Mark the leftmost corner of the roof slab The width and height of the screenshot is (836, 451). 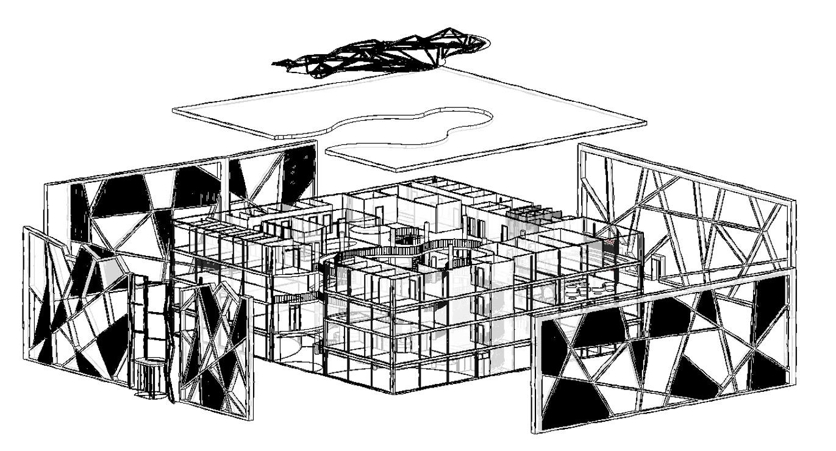click(x=174, y=110)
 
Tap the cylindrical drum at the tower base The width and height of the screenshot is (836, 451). click(x=149, y=378)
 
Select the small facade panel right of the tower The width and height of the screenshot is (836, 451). click(x=216, y=347)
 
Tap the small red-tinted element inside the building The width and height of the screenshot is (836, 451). click(x=610, y=243)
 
